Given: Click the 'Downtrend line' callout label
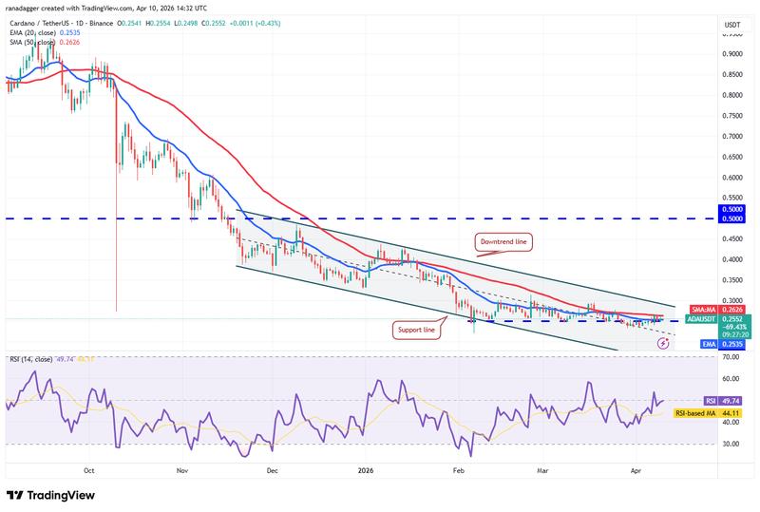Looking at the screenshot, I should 503,242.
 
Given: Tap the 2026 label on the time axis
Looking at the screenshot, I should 367,469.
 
